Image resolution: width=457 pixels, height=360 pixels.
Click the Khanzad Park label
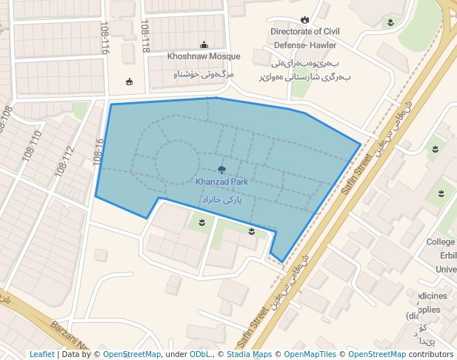pos(222,181)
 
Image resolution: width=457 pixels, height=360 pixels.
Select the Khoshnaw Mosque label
pos(204,56)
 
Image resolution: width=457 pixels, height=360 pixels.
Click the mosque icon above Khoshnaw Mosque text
pos(204,45)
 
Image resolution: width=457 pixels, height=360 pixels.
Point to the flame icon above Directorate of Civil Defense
pos(304,20)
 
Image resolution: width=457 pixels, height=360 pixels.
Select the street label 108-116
pos(104,37)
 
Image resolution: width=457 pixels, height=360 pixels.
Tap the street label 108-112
pos(64,161)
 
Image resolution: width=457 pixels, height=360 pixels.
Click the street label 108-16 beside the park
pos(98,151)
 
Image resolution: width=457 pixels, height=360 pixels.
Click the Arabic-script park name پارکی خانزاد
pos(222,200)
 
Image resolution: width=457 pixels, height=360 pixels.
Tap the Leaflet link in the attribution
pos(41,354)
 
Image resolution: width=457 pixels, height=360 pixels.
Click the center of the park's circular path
pos(176,162)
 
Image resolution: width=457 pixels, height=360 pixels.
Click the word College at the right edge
pos(441,242)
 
